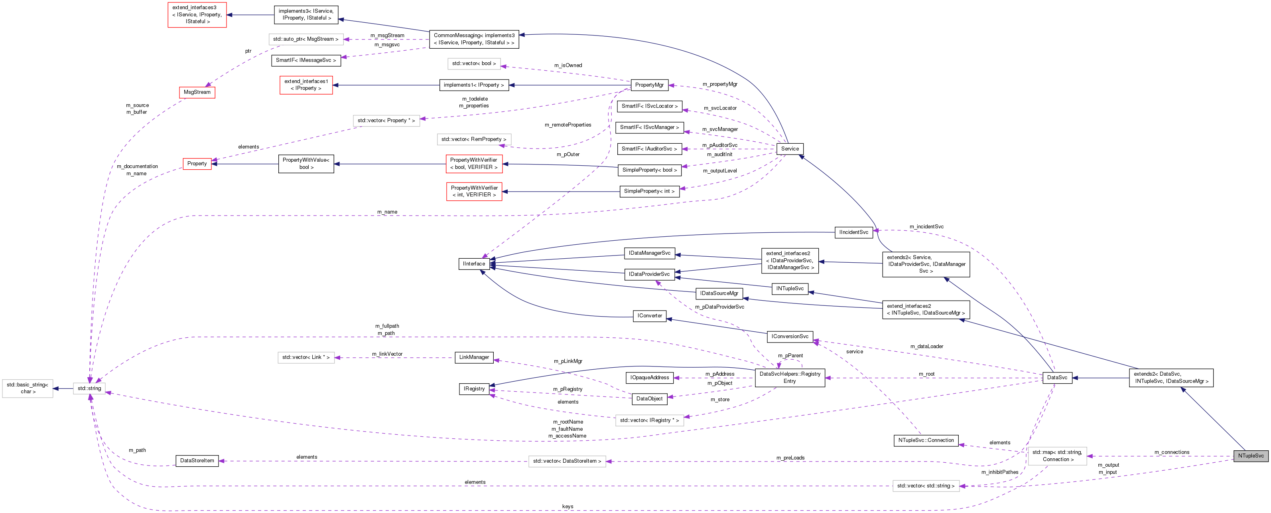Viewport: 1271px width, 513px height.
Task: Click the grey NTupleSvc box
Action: click(1250, 456)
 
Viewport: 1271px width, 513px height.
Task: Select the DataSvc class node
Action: click(1057, 378)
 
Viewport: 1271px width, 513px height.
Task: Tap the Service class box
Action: click(790, 149)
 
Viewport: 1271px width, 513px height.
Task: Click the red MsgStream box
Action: click(197, 92)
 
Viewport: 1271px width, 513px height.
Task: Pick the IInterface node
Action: click(474, 263)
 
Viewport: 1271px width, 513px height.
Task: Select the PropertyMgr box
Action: click(649, 85)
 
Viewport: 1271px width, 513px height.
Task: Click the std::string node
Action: click(89, 388)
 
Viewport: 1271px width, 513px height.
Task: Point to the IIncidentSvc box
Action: click(853, 232)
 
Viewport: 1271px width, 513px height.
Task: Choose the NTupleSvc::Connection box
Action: click(926, 440)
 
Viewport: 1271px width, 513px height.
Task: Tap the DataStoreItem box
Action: click(197, 461)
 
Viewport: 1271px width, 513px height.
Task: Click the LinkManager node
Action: click(474, 357)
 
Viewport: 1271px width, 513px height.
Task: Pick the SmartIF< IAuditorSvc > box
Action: click(649, 149)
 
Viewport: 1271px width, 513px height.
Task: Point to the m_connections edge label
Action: click(1171, 452)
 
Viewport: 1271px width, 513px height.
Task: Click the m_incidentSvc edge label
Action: click(926, 227)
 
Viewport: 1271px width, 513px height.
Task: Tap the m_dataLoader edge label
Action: click(926, 347)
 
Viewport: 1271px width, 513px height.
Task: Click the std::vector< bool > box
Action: click(474, 64)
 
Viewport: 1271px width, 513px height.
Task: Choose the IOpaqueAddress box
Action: click(649, 378)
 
